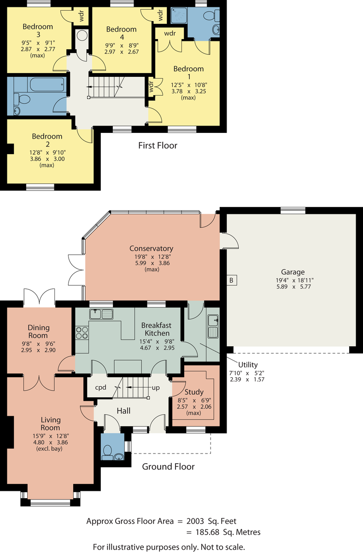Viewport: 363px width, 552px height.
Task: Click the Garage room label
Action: (293, 272)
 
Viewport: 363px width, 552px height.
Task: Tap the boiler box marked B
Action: (232, 280)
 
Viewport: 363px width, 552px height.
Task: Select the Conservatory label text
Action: (151, 248)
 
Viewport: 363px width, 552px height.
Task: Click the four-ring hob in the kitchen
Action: (82, 333)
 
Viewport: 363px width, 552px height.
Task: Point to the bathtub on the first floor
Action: (48, 84)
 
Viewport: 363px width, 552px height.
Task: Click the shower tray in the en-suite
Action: (179, 15)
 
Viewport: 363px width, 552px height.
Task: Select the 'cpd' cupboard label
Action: (101, 388)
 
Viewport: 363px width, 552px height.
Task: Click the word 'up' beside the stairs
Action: (156, 388)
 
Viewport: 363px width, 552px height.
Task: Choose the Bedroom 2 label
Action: (47, 140)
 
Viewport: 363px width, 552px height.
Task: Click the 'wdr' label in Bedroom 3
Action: (82, 16)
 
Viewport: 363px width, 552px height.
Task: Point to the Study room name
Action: (194, 392)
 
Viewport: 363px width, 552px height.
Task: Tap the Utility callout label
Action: (248, 365)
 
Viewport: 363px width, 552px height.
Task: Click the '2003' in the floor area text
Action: (195, 521)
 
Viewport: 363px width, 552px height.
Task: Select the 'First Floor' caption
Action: (158, 146)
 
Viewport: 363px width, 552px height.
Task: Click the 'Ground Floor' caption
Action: (168, 467)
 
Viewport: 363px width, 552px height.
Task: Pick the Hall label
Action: (123, 411)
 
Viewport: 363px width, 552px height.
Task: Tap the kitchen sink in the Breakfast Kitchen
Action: (101, 314)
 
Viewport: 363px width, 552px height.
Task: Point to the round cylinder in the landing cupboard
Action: (82, 35)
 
